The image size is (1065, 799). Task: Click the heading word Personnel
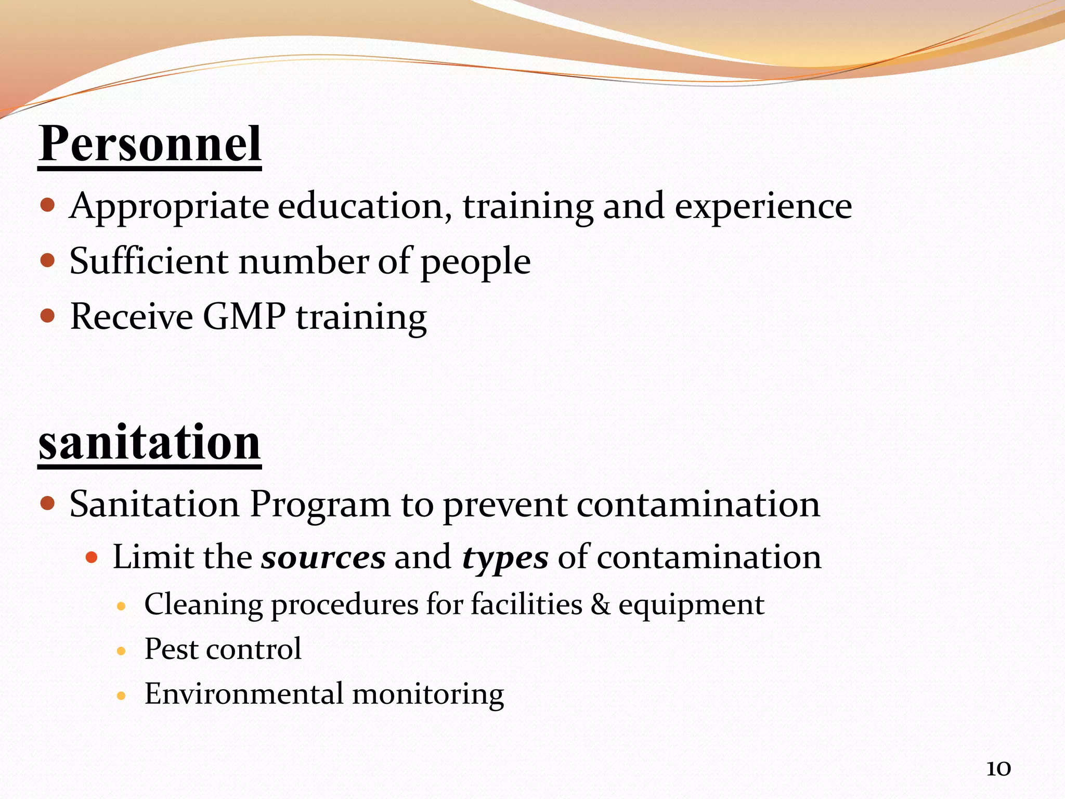150,144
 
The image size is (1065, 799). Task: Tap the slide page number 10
998,769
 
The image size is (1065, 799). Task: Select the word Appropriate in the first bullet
169,207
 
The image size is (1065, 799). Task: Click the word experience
763,207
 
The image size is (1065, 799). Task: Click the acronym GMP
244,316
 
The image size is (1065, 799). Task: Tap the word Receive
132,316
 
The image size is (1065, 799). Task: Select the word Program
320,505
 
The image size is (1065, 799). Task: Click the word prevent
505,505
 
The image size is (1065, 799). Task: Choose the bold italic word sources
323,558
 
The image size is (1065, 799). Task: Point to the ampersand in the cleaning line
600,605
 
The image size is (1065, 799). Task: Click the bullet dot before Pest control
122,651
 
